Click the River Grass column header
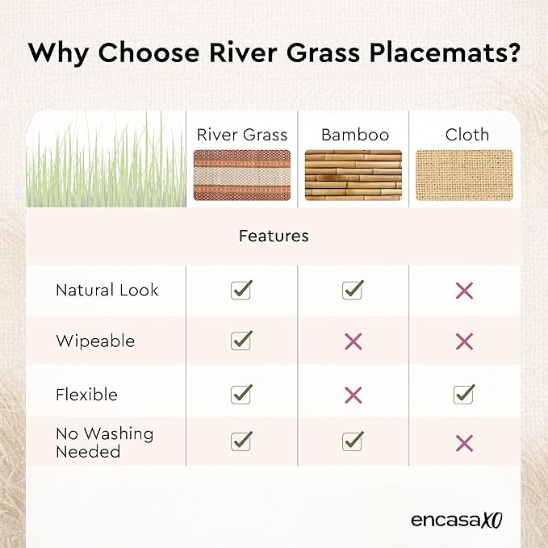tap(242, 135)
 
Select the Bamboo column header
tap(355, 135)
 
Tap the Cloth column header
tap(467, 135)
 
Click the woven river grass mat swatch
tap(242, 175)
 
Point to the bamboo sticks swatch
tap(353, 175)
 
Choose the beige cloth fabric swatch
tap(464, 175)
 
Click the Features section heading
tap(274, 236)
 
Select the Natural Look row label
tap(107, 290)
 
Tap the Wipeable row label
tap(95, 341)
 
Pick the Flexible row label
tap(86, 395)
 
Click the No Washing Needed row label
tap(104, 442)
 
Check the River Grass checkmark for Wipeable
tap(241, 340)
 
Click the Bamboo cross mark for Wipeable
tap(353, 341)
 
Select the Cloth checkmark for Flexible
tap(464, 394)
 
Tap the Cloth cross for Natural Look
tap(465, 291)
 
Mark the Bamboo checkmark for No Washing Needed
tap(353, 441)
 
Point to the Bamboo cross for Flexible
tap(353, 395)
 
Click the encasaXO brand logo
tap(457, 520)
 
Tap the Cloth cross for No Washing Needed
tap(465, 443)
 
